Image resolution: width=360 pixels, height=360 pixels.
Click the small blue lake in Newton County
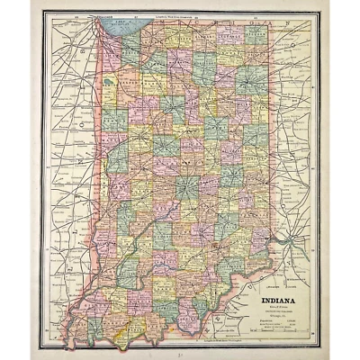[109, 86]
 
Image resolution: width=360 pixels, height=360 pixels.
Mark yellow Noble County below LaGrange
[230, 67]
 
